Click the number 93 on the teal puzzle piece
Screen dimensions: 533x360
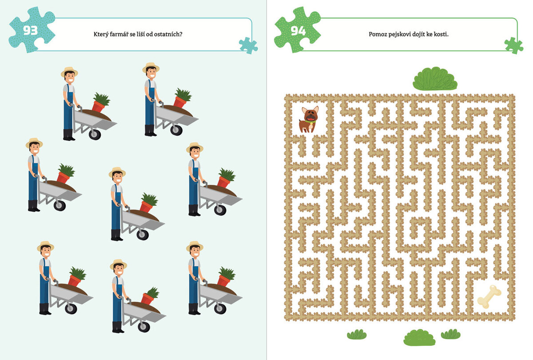click(x=31, y=31)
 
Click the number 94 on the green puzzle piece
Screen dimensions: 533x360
click(x=298, y=31)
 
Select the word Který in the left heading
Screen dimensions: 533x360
click(x=101, y=34)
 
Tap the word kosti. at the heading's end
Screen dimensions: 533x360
click(x=441, y=34)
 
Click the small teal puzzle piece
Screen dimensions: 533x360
click(x=248, y=45)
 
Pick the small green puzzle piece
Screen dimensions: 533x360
click(x=514, y=45)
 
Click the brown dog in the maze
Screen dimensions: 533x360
click(x=309, y=120)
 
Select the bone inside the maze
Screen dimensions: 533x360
click(x=489, y=297)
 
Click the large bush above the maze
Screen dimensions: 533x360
click(x=435, y=79)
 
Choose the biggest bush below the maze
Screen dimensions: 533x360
click(x=419, y=337)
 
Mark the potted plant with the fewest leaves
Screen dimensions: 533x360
click(x=151, y=296)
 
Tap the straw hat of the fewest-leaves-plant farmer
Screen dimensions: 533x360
click(x=118, y=264)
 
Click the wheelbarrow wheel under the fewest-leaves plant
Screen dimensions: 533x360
click(x=144, y=327)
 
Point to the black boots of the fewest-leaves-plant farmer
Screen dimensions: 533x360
click(x=118, y=328)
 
